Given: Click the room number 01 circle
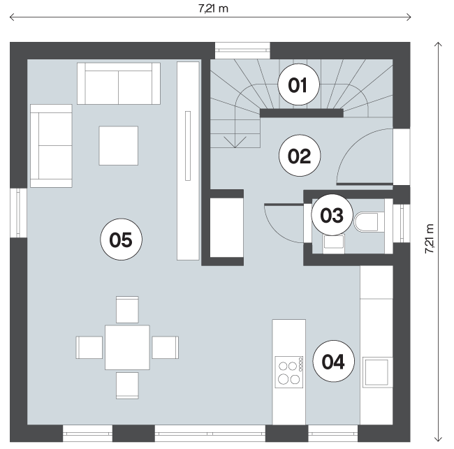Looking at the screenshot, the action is [x=298, y=84].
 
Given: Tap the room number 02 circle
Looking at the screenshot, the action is [x=300, y=156].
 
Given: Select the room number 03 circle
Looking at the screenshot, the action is [x=332, y=215].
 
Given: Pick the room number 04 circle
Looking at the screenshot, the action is [x=334, y=361].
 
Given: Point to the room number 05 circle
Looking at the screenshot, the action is [x=121, y=240].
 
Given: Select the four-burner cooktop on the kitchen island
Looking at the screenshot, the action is [x=289, y=372].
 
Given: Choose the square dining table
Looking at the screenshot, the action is [x=127, y=347].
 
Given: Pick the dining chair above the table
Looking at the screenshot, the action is [x=127, y=309].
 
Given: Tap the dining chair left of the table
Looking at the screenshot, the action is [x=89, y=347].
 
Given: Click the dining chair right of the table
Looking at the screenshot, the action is [x=166, y=347].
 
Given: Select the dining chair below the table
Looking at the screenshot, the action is [x=127, y=385].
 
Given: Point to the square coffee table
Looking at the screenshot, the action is [x=119, y=146].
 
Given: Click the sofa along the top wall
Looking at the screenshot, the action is [x=119, y=83].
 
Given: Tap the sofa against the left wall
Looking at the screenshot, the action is [x=51, y=146].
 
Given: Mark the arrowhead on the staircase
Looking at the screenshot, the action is [x=235, y=142].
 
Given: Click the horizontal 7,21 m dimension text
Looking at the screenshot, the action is [x=214, y=8].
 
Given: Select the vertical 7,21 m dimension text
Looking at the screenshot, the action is [x=430, y=239].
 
